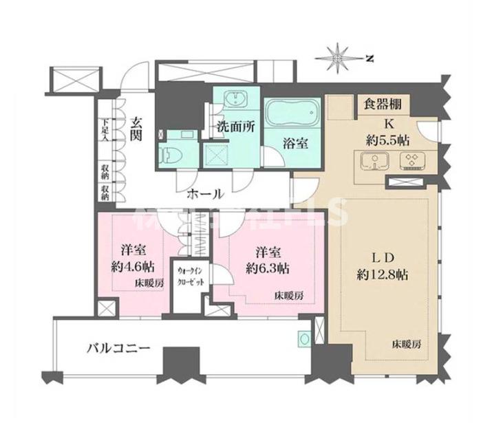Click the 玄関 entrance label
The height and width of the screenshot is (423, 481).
(x=136, y=130)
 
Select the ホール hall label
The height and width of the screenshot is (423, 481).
(x=204, y=195)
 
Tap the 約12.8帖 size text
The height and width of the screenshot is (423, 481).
(x=383, y=274)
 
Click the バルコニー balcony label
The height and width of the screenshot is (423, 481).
(x=118, y=347)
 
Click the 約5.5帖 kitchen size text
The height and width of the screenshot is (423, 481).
(x=387, y=140)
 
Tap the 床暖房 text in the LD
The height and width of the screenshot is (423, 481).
(x=407, y=343)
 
